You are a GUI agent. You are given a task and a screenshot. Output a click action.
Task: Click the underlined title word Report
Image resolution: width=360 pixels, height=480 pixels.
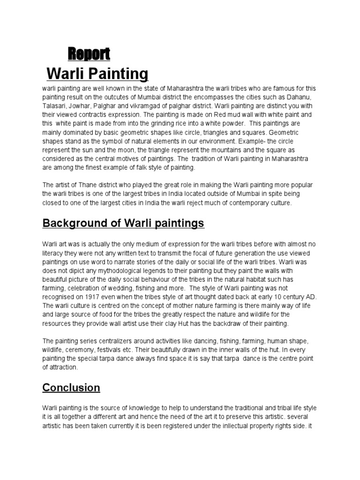(89, 54)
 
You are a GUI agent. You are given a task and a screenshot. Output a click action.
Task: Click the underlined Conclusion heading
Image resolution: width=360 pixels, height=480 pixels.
(71, 388)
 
